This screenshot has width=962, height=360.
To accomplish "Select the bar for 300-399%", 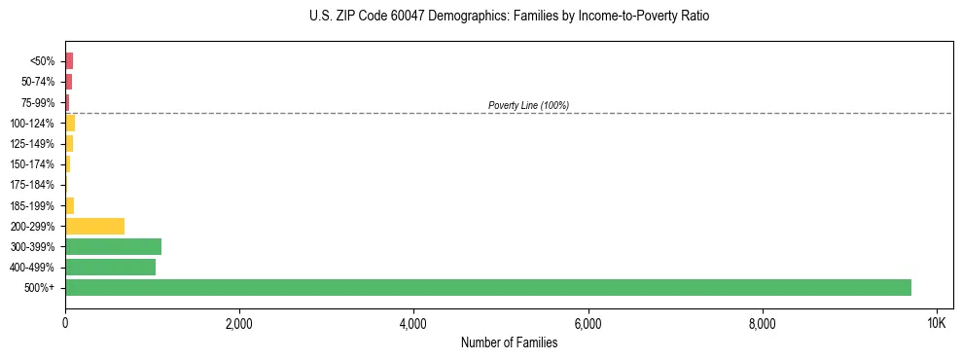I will click(113, 246).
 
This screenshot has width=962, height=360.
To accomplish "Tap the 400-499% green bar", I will click(110, 267).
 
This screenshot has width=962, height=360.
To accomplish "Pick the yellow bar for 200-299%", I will click(94, 226).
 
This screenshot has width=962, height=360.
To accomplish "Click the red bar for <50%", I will click(69, 61).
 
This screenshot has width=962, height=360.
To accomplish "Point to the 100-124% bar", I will click(70, 123).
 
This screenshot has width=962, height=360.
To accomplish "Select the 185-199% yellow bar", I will click(70, 205).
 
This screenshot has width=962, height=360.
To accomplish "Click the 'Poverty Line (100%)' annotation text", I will click(528, 105).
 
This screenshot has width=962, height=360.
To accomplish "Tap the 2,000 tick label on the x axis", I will click(239, 322).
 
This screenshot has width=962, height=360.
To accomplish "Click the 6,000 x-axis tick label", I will click(588, 322).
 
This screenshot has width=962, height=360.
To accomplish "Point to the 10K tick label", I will click(936, 322).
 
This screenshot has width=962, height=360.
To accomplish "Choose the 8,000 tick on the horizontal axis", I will click(762, 322).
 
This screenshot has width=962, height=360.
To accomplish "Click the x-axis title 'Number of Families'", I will click(509, 342).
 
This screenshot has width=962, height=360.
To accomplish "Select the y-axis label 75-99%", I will click(39, 102).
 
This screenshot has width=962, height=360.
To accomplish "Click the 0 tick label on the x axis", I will click(65, 322).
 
